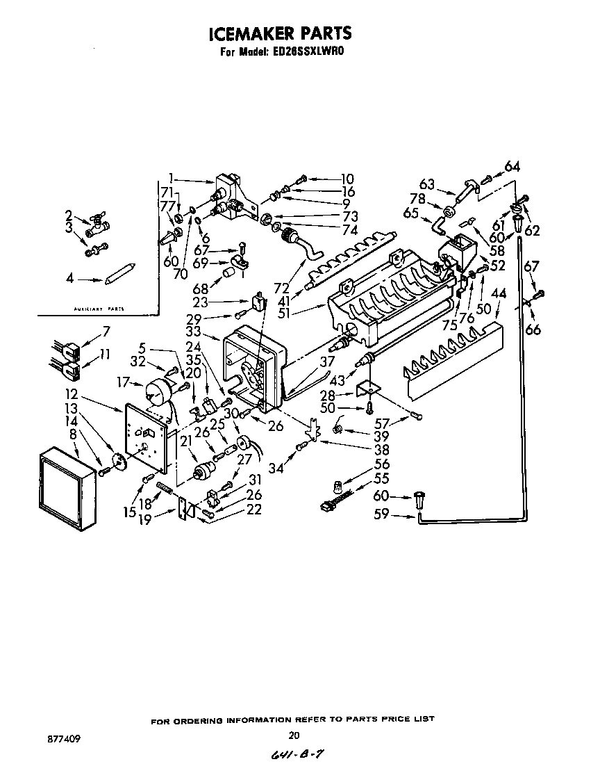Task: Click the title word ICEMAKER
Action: [251, 33]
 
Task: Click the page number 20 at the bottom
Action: [293, 735]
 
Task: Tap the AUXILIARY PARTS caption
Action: [99, 308]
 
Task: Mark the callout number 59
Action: [382, 515]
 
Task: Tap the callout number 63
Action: [426, 184]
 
